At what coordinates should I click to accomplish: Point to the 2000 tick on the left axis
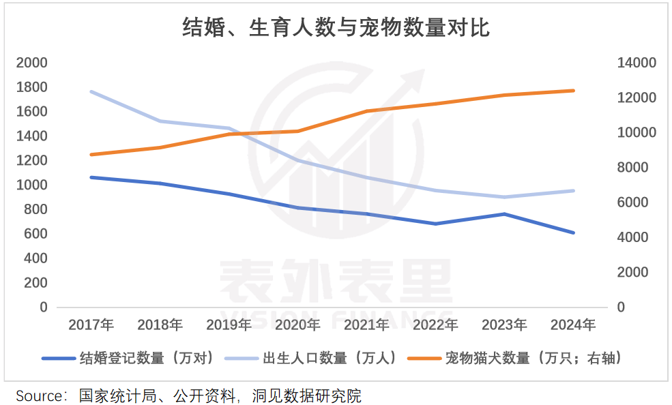click(x=33, y=63)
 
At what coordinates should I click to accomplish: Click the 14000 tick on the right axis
click(x=636, y=63)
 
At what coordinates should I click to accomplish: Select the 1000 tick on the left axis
click(x=33, y=185)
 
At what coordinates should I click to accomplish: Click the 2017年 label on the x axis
click(x=91, y=325)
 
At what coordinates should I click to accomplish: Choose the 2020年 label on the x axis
click(x=297, y=325)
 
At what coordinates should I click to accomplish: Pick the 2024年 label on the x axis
click(x=573, y=325)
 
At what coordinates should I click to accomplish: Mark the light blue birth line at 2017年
click(x=91, y=91)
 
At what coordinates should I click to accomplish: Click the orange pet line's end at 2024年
click(x=573, y=91)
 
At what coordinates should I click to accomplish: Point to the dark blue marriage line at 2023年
click(x=504, y=214)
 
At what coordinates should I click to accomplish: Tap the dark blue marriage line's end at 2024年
click(x=573, y=232)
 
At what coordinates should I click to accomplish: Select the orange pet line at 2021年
click(x=366, y=111)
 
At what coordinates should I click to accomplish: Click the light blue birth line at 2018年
click(x=160, y=121)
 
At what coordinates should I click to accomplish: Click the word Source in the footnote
click(x=38, y=395)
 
